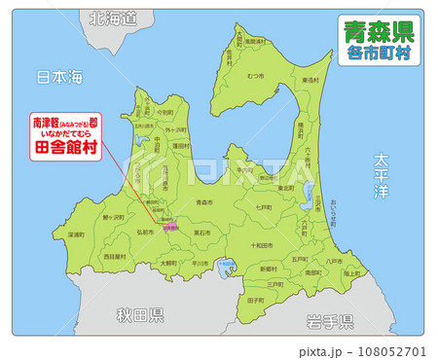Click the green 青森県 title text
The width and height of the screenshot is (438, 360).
(x=378, y=32)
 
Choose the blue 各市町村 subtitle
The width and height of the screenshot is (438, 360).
(x=378, y=54)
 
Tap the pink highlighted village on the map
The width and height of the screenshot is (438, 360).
(x=170, y=227)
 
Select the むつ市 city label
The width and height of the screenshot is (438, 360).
(x=256, y=75)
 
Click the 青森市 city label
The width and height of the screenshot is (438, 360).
(x=203, y=201)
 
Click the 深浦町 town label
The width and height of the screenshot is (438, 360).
(x=75, y=234)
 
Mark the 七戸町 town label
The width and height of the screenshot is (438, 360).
(x=263, y=207)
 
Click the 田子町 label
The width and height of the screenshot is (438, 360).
(x=255, y=301)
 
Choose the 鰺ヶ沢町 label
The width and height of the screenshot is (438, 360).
(x=112, y=218)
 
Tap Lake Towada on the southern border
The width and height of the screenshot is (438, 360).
(x=225, y=265)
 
